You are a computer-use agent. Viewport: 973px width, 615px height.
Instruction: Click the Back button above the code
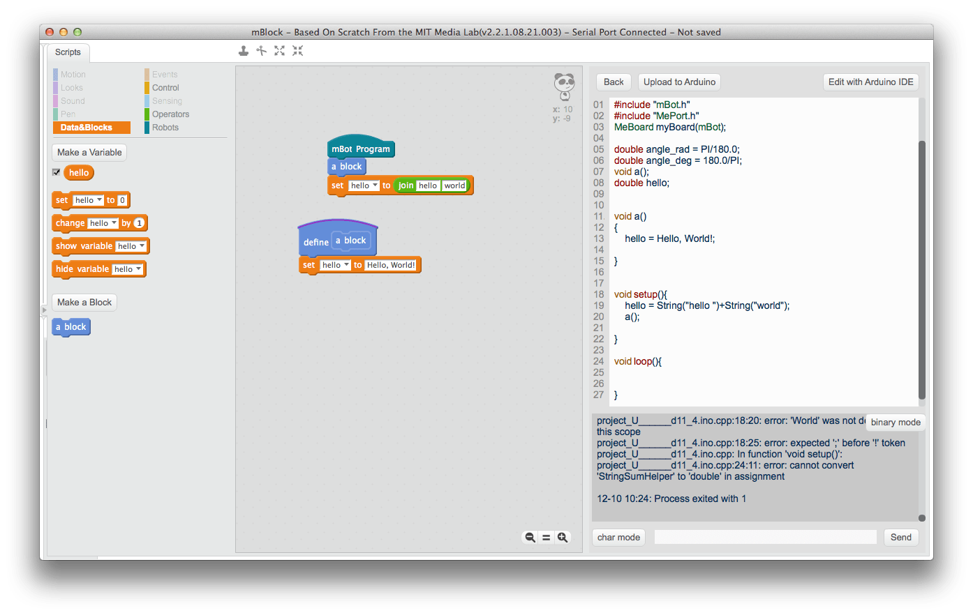pos(614,82)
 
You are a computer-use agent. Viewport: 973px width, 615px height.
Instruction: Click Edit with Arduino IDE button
pos(870,82)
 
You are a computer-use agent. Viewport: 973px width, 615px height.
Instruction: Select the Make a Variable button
pos(89,152)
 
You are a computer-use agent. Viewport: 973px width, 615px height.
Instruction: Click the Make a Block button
pos(84,302)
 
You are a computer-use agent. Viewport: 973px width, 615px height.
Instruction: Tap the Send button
pos(900,537)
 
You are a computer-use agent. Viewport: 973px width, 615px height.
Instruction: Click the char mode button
pos(618,537)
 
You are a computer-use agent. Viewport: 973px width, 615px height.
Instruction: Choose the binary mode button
pos(895,422)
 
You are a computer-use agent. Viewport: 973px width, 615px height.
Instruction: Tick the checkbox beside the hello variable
pos(57,172)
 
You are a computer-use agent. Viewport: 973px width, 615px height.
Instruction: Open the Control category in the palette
pos(165,88)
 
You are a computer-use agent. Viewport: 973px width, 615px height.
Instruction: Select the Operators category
pos(170,114)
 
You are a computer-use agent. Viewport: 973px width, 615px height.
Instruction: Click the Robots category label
pos(165,128)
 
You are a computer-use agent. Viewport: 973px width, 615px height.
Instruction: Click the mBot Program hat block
pos(360,149)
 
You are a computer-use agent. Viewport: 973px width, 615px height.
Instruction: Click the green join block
pos(406,185)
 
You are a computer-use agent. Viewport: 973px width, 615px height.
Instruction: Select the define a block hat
pos(315,242)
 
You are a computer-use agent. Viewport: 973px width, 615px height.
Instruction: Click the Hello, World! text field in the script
pos(391,265)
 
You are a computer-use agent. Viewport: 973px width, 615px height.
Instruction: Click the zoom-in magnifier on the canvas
pos(563,537)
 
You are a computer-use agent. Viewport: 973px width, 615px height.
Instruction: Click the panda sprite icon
pos(564,86)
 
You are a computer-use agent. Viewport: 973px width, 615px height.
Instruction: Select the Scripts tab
pos(68,52)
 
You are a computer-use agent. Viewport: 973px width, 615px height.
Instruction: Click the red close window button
pos(50,32)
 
